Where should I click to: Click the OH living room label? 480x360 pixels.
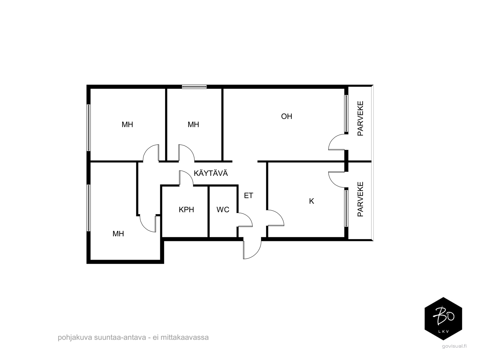(286, 116)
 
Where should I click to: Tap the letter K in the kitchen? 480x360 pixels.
(311, 201)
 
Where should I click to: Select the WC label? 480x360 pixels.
(223, 210)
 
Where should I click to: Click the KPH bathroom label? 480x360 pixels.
(186, 210)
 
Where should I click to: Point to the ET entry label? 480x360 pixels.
(249, 196)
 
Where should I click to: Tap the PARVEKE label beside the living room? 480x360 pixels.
(360, 118)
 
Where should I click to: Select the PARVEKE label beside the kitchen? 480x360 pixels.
(360, 199)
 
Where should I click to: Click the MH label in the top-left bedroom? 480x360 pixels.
(127, 125)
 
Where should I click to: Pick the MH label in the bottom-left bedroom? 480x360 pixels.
(118, 234)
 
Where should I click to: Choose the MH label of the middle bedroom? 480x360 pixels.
(193, 125)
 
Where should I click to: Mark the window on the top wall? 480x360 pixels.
(194, 87)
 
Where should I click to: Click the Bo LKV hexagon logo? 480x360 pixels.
(443, 319)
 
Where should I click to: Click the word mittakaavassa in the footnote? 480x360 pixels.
(185, 337)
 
